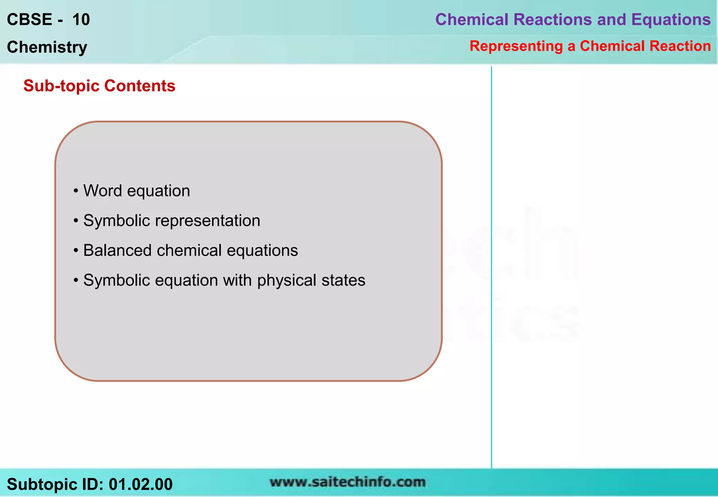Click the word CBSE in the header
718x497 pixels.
[29, 20]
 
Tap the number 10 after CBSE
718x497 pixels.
[81, 20]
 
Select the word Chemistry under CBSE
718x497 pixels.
[47, 47]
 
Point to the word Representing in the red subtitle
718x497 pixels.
[516, 46]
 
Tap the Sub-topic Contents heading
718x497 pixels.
[99, 86]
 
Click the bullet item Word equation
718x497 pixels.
[136, 191]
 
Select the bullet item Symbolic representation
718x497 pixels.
[171, 221]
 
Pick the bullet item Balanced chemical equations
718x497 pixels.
[190, 251]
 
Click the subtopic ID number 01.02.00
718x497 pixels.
[141, 484]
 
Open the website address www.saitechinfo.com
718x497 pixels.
[347, 482]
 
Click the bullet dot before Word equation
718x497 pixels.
[76, 191]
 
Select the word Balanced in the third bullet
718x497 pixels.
[117, 251]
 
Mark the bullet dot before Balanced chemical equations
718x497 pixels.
[76, 251]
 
